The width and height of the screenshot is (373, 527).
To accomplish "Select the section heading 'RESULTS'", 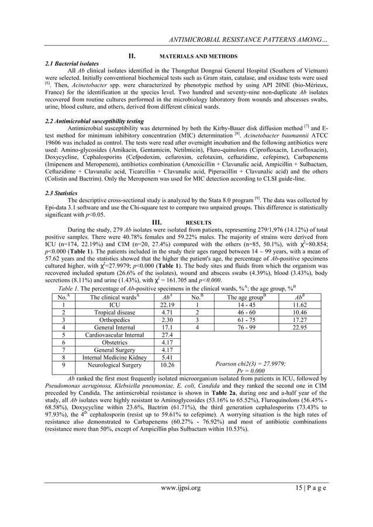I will [x=196, y=223].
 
